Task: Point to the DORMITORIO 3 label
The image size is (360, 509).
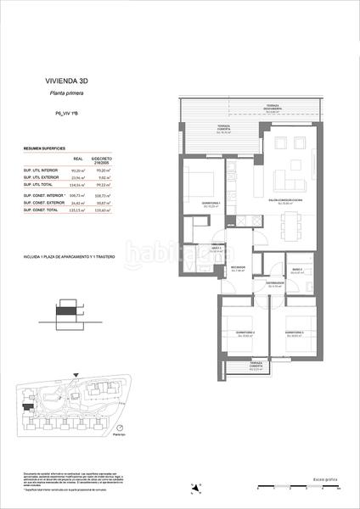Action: (295, 332)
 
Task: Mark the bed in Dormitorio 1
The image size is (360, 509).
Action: (201, 183)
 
